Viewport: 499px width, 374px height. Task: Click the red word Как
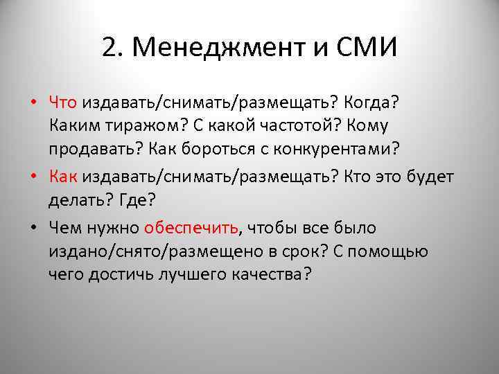pyautogui.click(x=63, y=177)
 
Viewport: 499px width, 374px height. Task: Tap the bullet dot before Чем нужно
pyautogui.click(x=33, y=229)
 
